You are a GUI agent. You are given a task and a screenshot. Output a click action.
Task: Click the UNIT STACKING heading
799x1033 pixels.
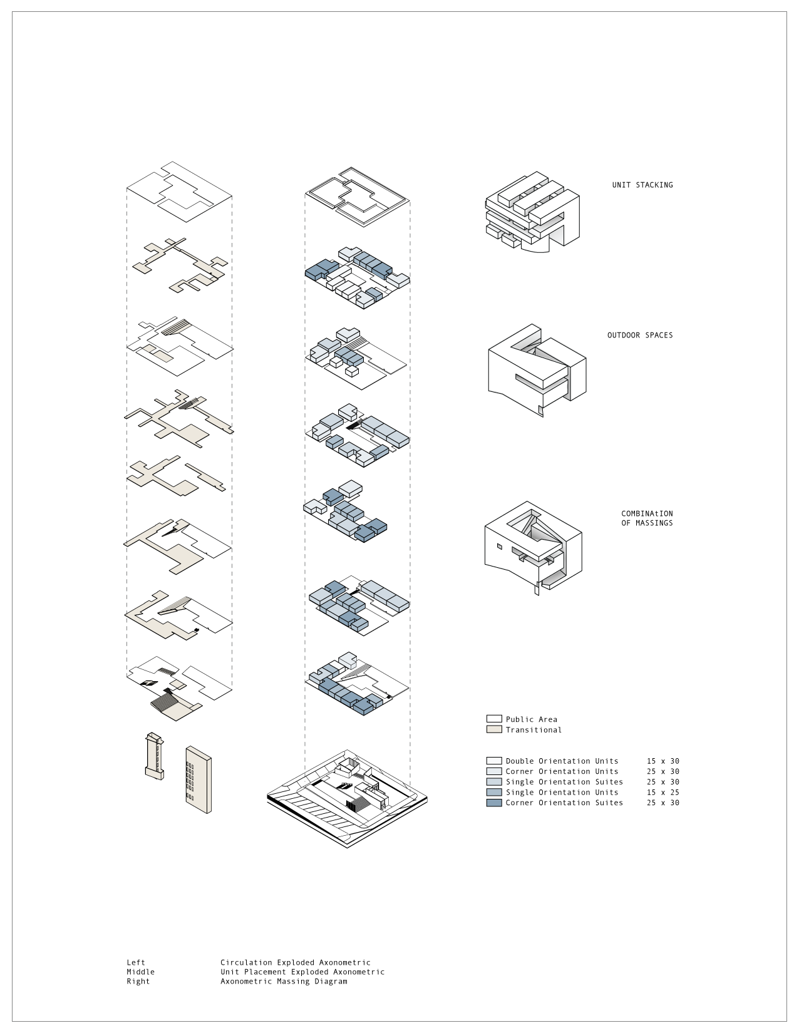[x=642, y=185]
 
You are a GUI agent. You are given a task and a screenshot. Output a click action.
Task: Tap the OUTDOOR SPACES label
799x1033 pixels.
[x=640, y=335]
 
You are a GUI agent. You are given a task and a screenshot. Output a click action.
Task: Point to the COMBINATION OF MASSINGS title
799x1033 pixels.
[x=647, y=518]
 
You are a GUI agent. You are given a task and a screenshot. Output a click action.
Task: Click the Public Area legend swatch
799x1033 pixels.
[x=494, y=719]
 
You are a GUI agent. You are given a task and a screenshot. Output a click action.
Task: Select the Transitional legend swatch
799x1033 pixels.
[x=494, y=729]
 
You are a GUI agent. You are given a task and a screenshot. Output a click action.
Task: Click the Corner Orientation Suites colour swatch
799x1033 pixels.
[x=494, y=802]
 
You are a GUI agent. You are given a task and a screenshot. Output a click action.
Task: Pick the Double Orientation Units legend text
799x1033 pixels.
[x=562, y=761]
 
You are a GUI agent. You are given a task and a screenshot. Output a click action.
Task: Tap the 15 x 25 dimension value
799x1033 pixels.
[x=662, y=792]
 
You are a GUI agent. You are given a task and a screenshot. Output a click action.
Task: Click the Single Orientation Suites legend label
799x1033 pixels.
[x=564, y=781]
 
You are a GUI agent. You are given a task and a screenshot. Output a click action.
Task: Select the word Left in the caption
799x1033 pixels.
[x=135, y=962]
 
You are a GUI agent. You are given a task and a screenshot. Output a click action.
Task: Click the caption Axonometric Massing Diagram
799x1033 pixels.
[x=283, y=981]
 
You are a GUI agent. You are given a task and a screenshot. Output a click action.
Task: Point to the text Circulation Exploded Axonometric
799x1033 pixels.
[x=295, y=962]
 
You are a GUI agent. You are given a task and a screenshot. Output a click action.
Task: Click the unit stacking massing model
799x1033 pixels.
[x=532, y=213]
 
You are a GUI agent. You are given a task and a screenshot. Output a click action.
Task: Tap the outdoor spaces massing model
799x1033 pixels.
[x=537, y=369]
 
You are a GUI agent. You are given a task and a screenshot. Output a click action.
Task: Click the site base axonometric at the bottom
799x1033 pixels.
[x=348, y=798]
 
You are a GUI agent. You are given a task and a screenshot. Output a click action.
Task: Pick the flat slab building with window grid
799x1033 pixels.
[x=198, y=779]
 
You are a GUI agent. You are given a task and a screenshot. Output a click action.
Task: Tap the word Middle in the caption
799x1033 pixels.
[x=140, y=972]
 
